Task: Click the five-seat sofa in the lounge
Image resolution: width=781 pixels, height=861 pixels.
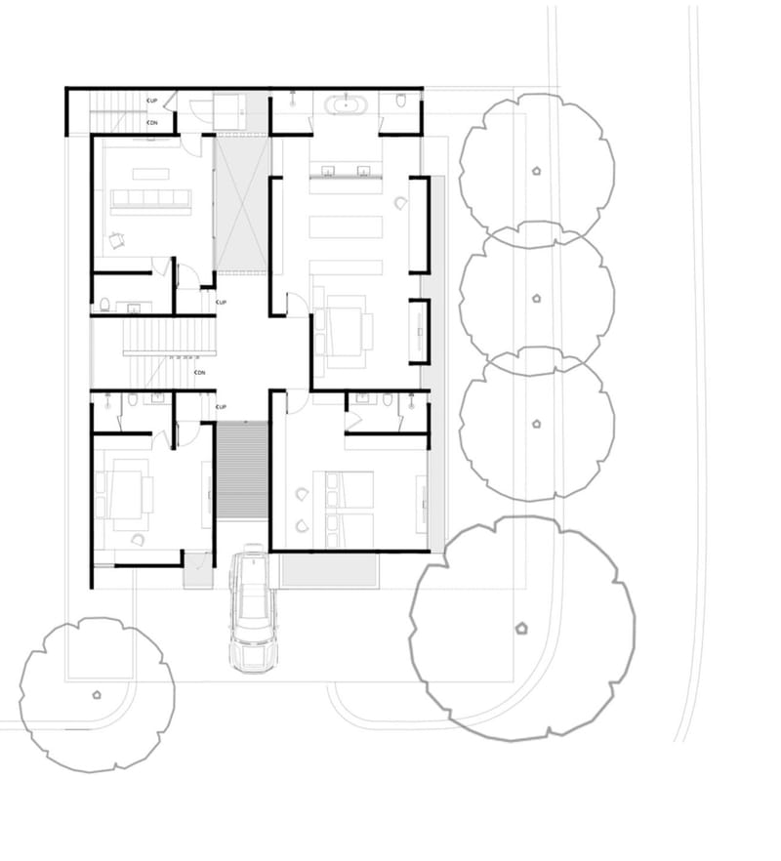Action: click(x=151, y=202)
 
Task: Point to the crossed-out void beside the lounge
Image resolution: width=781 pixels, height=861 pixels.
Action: click(x=239, y=204)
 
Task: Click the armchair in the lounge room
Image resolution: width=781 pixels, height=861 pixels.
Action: click(x=118, y=237)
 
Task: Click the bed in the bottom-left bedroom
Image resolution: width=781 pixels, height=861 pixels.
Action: click(x=128, y=494)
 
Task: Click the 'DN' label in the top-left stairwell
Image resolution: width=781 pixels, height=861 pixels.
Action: click(x=152, y=123)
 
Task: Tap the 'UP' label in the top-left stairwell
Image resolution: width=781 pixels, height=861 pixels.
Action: click(x=152, y=101)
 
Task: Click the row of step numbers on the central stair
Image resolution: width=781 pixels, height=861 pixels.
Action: click(x=190, y=358)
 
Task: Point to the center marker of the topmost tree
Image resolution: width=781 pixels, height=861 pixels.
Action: click(x=536, y=170)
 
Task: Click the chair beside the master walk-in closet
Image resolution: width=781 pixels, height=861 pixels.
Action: click(x=400, y=202)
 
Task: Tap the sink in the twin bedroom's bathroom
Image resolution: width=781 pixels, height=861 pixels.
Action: click(x=362, y=398)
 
